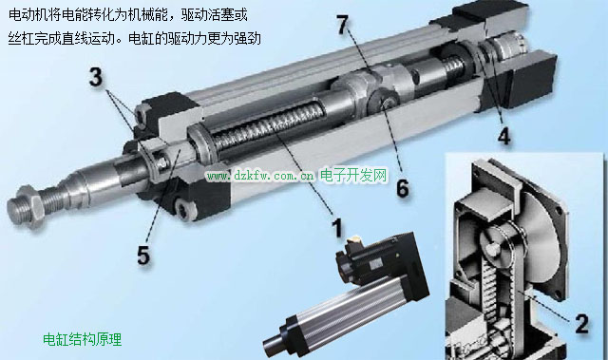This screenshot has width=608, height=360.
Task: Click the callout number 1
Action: point(338,228)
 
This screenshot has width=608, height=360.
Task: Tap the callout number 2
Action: point(581,324)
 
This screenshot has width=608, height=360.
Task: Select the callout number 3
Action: point(95,77)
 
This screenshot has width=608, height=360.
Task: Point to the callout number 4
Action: point(503,136)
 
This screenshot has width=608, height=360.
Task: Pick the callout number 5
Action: point(143,256)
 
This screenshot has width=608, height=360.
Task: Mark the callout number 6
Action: point(402,188)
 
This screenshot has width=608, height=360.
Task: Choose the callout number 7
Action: point(342,25)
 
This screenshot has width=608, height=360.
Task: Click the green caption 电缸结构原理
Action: point(83,339)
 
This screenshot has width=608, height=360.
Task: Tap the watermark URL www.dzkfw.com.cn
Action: point(260,177)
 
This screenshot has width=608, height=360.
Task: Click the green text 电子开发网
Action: point(353,176)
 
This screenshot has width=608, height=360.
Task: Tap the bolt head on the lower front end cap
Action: point(182,208)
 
